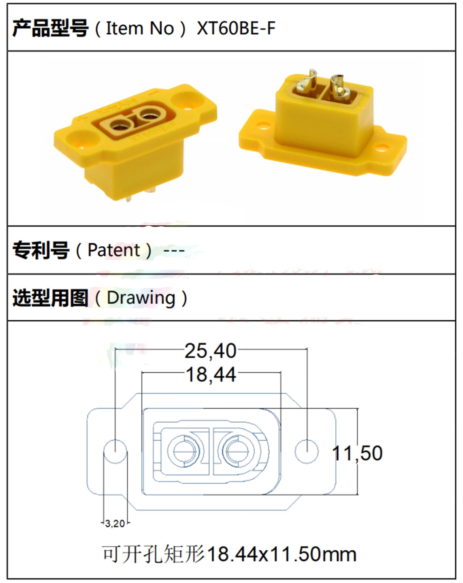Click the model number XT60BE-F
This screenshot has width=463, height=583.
click(236, 28)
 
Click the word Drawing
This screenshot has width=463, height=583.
click(141, 298)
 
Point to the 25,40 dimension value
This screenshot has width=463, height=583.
click(211, 351)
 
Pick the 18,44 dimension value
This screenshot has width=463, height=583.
click(211, 375)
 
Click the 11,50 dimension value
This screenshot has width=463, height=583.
click(357, 453)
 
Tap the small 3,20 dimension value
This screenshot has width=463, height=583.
click(115, 523)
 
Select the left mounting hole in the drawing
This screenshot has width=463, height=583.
click(115, 452)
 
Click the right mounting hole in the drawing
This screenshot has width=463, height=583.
click(307, 452)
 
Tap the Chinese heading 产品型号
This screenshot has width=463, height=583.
click(50, 28)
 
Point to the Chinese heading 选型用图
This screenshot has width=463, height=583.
click(50, 298)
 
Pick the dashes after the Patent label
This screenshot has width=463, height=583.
click(174, 250)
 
